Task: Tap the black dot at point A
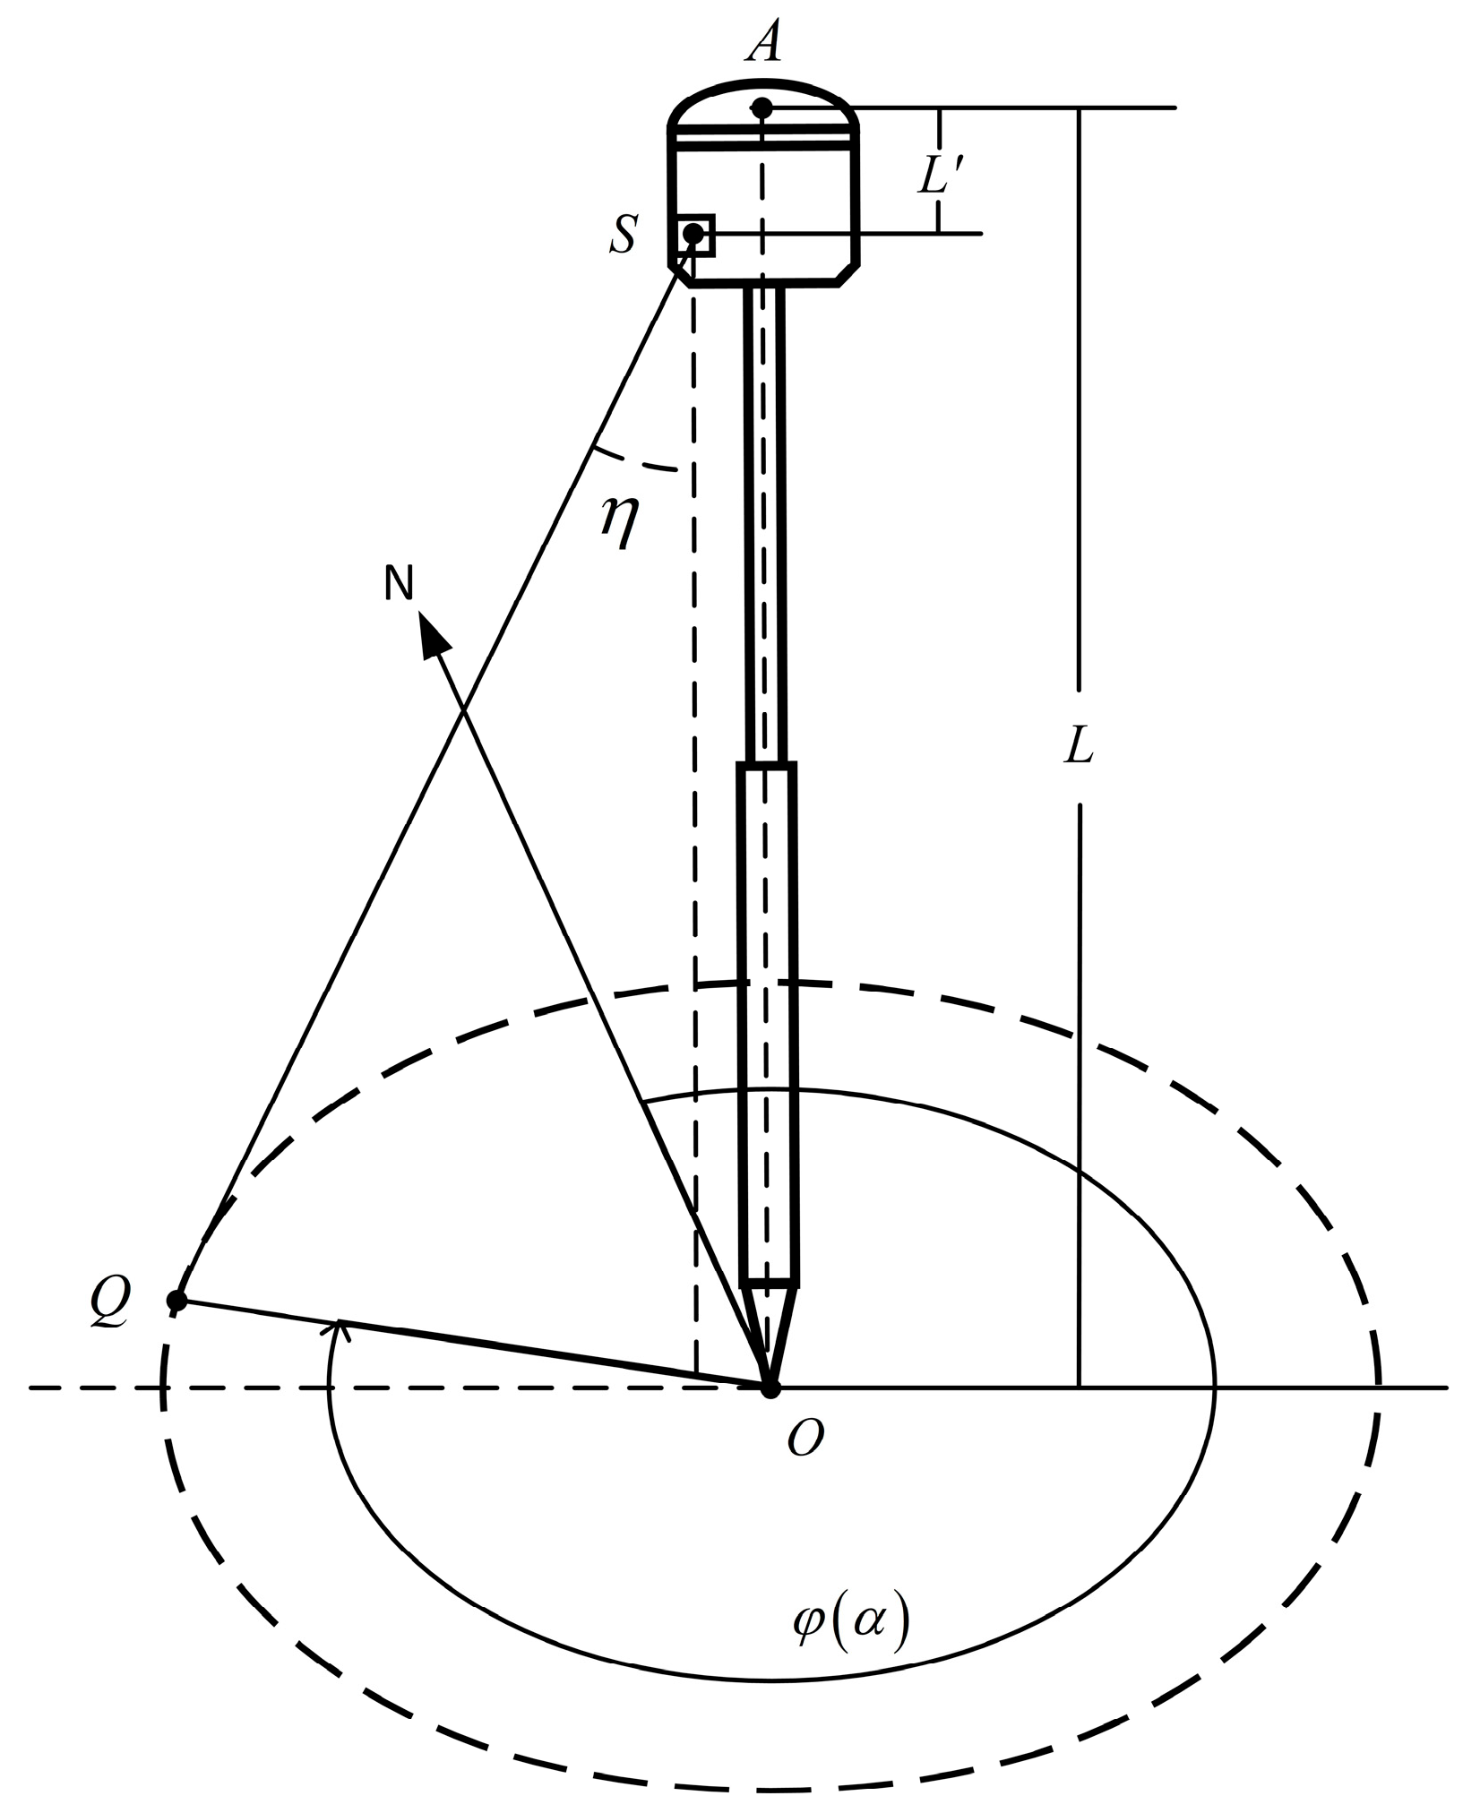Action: pyautogui.click(x=762, y=109)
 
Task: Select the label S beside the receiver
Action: pyautogui.click(x=624, y=236)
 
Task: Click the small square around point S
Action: pyautogui.click(x=696, y=236)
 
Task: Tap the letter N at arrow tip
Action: pyautogui.click(x=399, y=584)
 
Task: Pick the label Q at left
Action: pyautogui.click(x=111, y=1296)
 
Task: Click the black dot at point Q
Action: pyautogui.click(x=177, y=1300)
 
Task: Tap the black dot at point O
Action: pyautogui.click(x=770, y=1388)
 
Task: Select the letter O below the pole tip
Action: pyautogui.click(x=805, y=1441)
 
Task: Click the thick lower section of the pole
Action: pyautogui.click(x=768, y=1021)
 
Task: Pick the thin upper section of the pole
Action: pyautogui.click(x=764, y=520)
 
